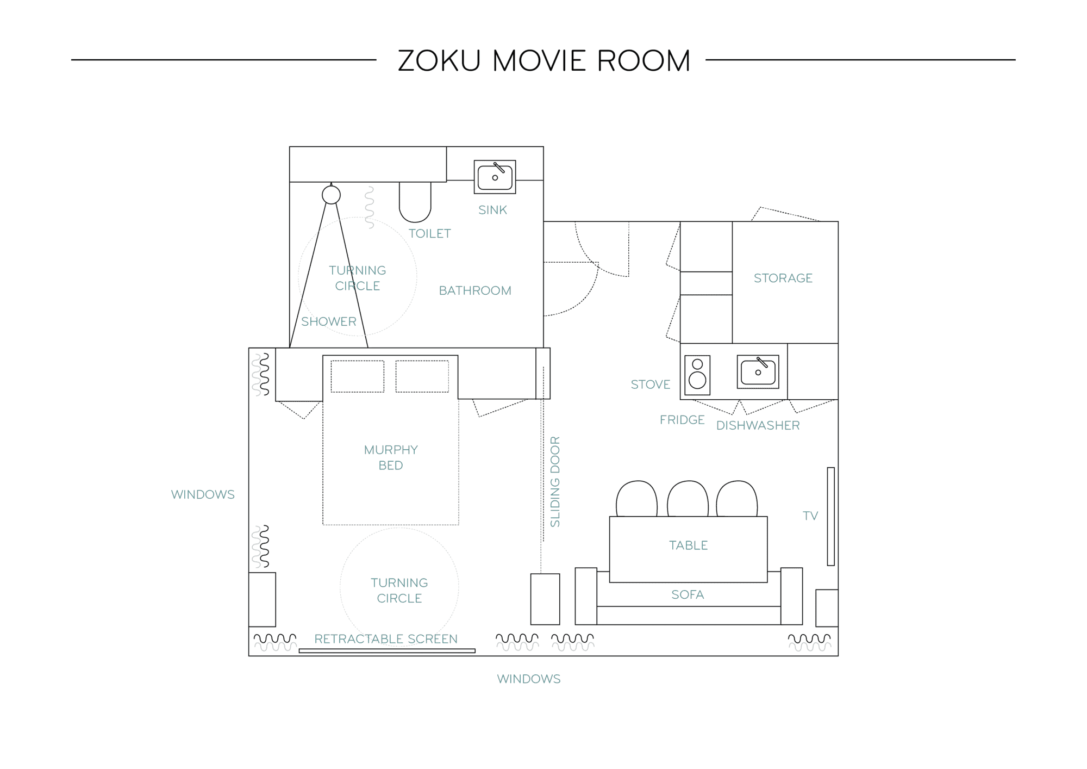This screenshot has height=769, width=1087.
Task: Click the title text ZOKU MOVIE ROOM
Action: tap(544, 60)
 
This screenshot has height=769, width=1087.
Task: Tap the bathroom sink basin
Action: tap(495, 177)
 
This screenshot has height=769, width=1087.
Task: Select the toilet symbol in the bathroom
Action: tap(415, 202)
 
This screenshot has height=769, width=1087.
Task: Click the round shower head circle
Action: tap(331, 195)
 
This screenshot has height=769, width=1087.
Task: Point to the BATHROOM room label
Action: tap(475, 290)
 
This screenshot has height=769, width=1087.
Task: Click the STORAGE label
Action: tap(783, 278)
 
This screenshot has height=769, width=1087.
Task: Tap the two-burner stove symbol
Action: tap(697, 375)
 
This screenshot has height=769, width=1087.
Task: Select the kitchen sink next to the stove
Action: tap(758, 372)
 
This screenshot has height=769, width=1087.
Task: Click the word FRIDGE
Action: tap(682, 420)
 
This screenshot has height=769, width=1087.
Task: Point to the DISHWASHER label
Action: tap(758, 425)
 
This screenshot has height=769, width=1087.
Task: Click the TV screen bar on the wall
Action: tap(830, 516)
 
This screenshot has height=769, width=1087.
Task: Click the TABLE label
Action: tap(688, 545)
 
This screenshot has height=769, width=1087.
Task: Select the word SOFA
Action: tap(688, 594)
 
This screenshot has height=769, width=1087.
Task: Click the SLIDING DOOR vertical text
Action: tap(555, 481)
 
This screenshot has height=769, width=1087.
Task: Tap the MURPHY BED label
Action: tap(391, 457)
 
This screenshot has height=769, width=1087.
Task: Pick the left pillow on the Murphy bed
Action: tap(357, 376)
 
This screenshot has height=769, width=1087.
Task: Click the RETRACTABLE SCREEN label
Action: tap(386, 639)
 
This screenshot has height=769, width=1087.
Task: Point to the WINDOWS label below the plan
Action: tap(529, 679)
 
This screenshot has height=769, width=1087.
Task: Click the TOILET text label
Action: tap(430, 233)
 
